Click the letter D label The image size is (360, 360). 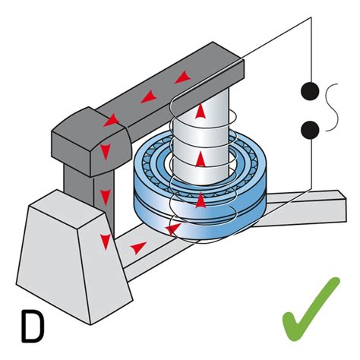pos(31,325)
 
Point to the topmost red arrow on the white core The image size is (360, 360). pos(200,112)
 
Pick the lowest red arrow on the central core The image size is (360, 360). pos(200,199)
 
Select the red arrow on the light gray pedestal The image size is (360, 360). pos(106,242)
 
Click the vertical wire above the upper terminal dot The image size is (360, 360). pos(308,46)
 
